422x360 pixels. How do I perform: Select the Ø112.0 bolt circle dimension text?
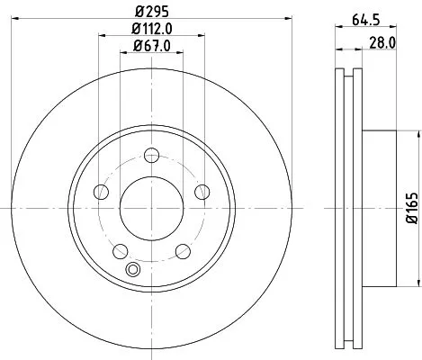(149, 31)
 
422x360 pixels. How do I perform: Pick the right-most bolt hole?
(202, 191)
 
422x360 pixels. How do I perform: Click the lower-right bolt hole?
(183, 251)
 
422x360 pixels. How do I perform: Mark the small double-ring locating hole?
(135, 267)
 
